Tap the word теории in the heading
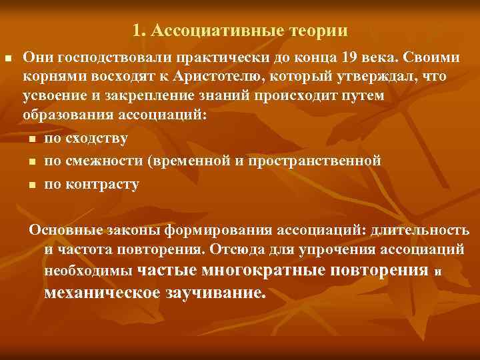point(318,31)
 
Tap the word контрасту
point(101,183)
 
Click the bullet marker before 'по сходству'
point(33,139)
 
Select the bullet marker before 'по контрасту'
point(33,184)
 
